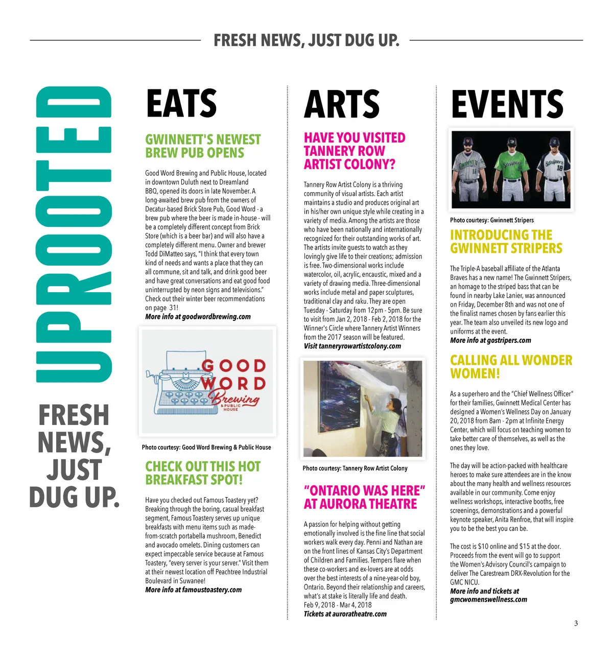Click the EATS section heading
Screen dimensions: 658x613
pos(181,104)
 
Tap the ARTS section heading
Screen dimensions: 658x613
pos(341,104)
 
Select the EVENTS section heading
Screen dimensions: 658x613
pos(507,104)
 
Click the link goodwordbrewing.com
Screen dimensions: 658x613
pos(216,317)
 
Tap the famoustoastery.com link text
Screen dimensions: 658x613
pos(211,590)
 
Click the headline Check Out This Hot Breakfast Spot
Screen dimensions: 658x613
pos(203,473)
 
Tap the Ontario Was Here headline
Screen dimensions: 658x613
pos(364,497)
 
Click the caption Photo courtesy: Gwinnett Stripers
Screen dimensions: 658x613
pos(491,220)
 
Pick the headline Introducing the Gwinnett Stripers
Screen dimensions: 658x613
pos(506,242)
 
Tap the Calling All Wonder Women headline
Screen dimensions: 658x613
pos(511,367)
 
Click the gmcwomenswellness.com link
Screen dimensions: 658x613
pos(488,600)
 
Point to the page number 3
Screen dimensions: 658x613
pos(576,623)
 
